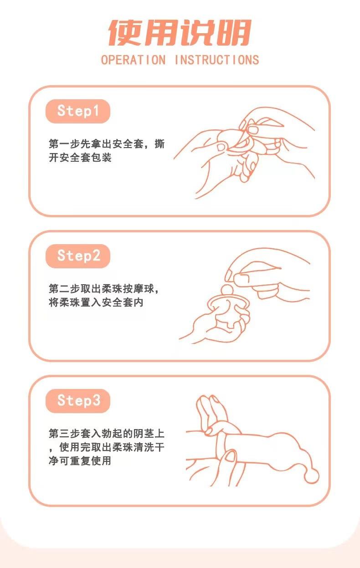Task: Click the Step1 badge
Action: [77, 111]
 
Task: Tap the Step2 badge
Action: [78, 256]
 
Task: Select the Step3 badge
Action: [78, 401]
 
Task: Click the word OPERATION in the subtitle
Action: [133, 60]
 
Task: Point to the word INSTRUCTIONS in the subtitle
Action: [217, 60]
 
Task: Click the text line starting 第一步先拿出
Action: [107, 144]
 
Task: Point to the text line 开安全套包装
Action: [80, 158]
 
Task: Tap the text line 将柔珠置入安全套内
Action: [96, 302]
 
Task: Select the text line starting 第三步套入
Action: [107, 433]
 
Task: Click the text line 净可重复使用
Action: [80, 461]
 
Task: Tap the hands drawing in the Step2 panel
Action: [246, 296]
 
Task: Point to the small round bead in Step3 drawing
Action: [312, 476]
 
